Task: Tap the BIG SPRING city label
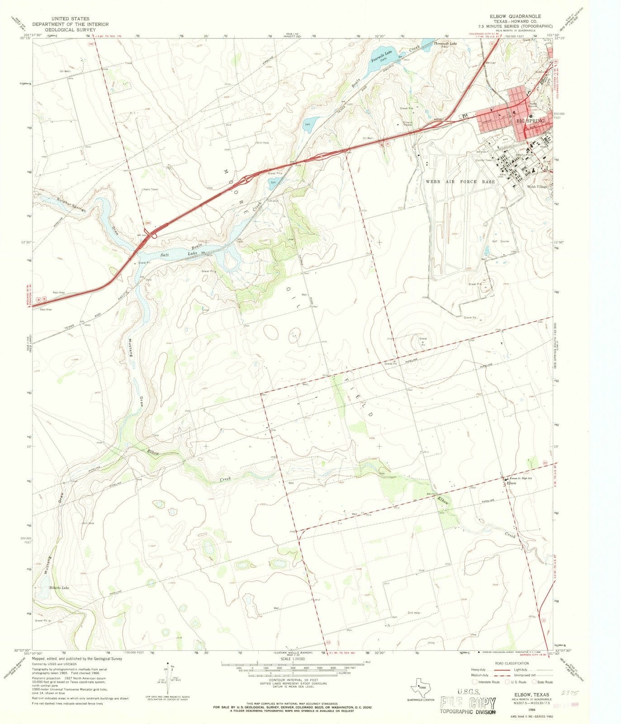[x=530, y=121]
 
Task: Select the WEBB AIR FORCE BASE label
[x=460, y=181]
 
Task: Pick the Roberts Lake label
[x=59, y=588]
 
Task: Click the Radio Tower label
[x=151, y=189]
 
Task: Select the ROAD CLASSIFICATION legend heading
[x=512, y=663]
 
